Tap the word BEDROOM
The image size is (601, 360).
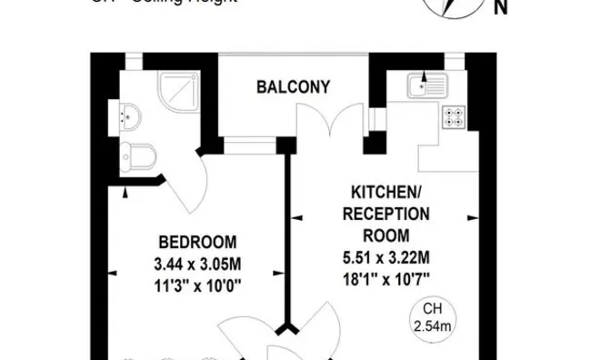(197, 243)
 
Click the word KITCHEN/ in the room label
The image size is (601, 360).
(386, 193)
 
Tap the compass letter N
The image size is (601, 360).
(499, 10)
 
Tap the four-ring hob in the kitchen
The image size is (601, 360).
(452, 116)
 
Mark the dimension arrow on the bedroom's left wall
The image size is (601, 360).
(125, 192)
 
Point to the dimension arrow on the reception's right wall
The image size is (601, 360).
(472, 219)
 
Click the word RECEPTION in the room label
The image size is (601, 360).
(386, 214)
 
